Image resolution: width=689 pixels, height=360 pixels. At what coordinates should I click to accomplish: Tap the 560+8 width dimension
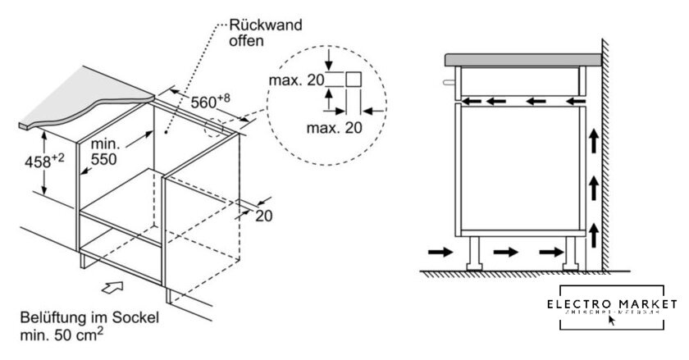pos(211,103)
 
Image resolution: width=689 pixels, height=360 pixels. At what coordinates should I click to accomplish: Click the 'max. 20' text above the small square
pos(294,80)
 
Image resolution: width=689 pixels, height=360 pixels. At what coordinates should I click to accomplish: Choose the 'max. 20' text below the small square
pos(333,128)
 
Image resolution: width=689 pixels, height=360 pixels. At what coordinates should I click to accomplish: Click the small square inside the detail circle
pos(354,80)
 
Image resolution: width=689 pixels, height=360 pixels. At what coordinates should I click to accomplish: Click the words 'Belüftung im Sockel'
pos(78,317)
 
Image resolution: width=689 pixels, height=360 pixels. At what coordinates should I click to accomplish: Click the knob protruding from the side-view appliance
pos(449,83)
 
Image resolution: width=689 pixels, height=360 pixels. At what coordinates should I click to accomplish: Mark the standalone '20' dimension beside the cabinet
pos(262,216)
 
